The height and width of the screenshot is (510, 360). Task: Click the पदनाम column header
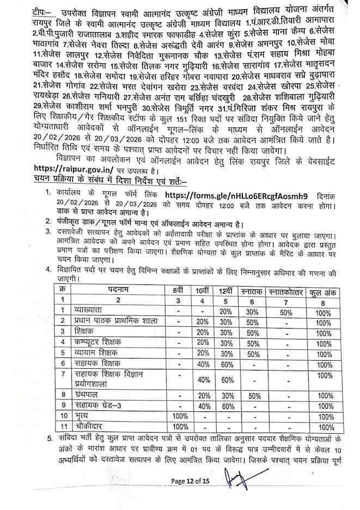pyautogui.click(x=118, y=292)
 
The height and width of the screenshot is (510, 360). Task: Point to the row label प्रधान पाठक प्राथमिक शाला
pyautogui.click(x=116, y=320)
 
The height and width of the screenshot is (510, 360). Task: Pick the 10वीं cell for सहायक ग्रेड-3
pyautogui.click(x=203, y=406)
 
